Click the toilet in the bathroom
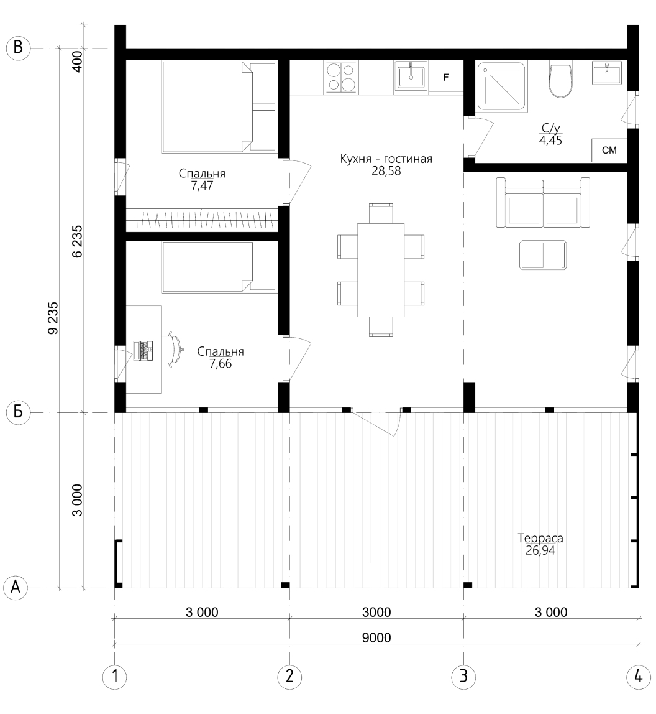click(x=560, y=79)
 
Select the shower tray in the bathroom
click(x=502, y=86)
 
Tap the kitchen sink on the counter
click(x=411, y=76)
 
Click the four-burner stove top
click(x=341, y=77)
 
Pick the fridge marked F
click(x=446, y=77)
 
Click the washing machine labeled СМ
click(x=609, y=150)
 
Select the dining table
click(x=381, y=269)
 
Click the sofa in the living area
click(x=543, y=202)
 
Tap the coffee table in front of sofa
click(x=543, y=255)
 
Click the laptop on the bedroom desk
click(x=143, y=350)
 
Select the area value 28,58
click(x=386, y=171)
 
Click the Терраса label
click(x=540, y=538)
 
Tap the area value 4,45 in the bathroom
click(x=550, y=141)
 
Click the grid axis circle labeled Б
click(x=18, y=412)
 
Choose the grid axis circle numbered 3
click(x=463, y=676)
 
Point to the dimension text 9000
click(x=376, y=637)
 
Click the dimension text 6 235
click(x=77, y=241)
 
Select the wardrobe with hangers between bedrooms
click(x=202, y=220)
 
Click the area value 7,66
click(x=221, y=364)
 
